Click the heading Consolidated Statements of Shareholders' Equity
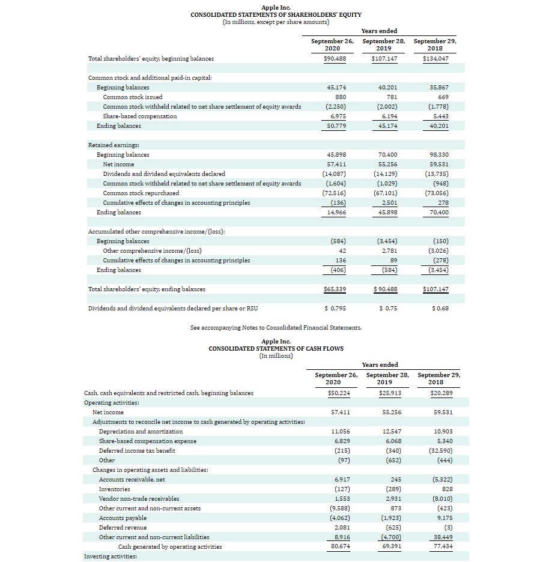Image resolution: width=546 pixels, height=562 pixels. click(x=276, y=14)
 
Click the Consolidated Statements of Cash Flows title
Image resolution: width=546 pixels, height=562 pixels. click(x=276, y=348)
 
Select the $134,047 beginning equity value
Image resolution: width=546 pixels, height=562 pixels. click(x=435, y=59)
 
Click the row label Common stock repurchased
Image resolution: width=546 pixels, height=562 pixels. click(x=141, y=193)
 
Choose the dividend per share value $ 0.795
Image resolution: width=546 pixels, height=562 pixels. click(x=335, y=309)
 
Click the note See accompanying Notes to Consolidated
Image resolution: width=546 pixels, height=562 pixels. click(x=276, y=328)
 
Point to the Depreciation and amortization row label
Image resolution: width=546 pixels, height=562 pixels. click(x=141, y=432)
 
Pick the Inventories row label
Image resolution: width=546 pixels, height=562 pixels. click(x=115, y=489)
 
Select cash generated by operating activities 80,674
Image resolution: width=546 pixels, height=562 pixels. click(x=341, y=547)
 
